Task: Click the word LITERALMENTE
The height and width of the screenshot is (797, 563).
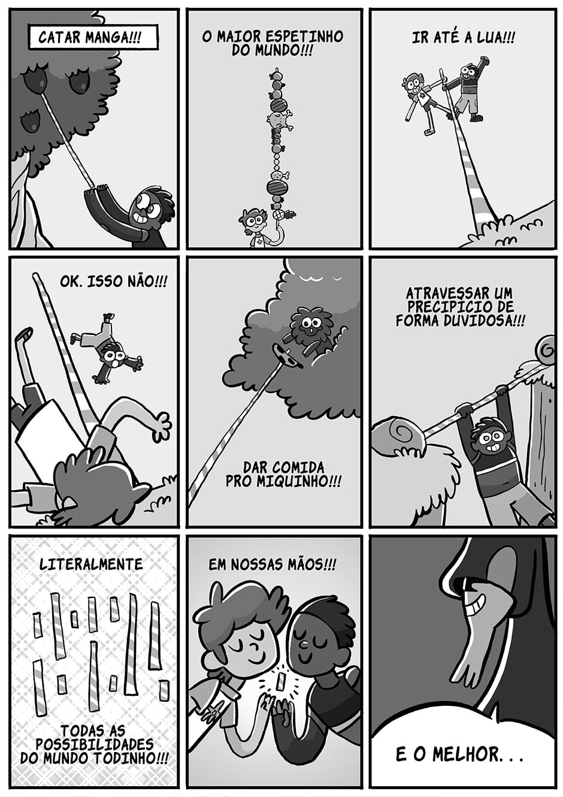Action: coord(91,564)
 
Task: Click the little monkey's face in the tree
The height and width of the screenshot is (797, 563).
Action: coord(308,324)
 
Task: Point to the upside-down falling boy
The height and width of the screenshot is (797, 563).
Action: coord(107,348)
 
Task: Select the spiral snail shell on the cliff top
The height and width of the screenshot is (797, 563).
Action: coord(546,349)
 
